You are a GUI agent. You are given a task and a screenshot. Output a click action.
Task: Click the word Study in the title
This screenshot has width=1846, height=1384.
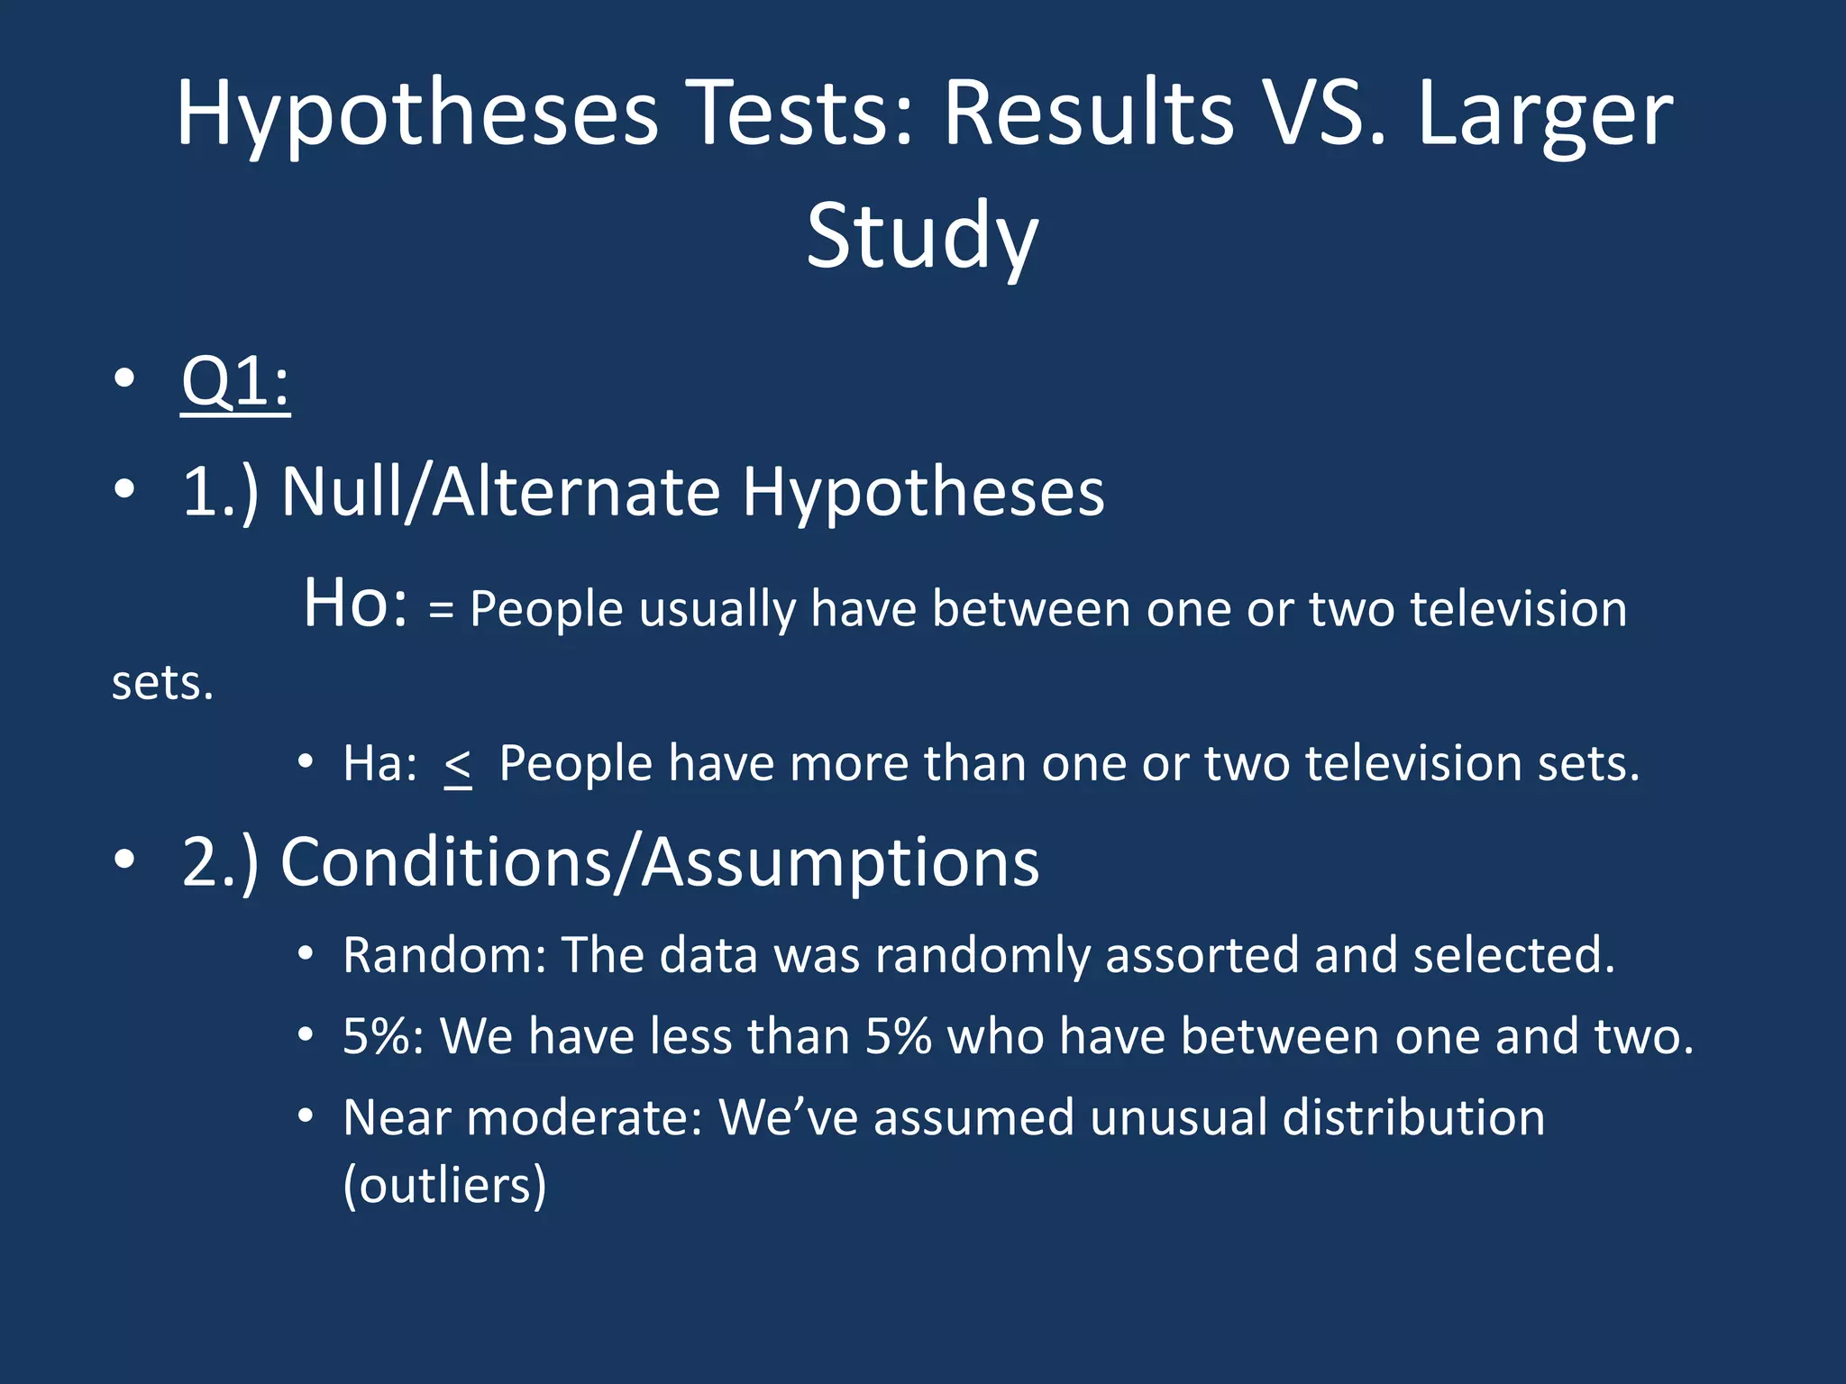point(921,236)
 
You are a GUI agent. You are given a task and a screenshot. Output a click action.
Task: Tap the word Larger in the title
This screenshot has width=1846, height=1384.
point(1544,115)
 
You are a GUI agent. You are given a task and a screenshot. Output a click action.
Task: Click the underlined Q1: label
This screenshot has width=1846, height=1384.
point(235,382)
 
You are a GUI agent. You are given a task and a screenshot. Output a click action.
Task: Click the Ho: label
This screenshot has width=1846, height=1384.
point(355,604)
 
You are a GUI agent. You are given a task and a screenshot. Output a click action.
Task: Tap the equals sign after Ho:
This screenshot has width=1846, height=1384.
point(441,610)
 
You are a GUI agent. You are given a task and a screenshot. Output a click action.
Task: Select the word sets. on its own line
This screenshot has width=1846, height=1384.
point(163,683)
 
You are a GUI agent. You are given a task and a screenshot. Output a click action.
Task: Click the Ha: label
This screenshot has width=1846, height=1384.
point(379,764)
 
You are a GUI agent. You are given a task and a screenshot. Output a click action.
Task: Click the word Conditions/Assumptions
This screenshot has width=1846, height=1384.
point(660,863)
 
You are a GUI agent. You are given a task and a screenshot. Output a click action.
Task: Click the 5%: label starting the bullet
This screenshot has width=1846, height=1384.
point(383,1036)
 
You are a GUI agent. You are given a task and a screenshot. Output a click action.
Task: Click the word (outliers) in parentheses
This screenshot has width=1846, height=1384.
point(444,1185)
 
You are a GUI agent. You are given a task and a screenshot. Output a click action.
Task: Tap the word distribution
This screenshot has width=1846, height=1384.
point(1412,1118)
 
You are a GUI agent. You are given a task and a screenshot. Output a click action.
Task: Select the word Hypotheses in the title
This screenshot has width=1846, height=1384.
point(416,115)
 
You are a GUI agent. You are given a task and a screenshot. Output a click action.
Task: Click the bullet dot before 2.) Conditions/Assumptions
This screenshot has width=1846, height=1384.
point(124,860)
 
